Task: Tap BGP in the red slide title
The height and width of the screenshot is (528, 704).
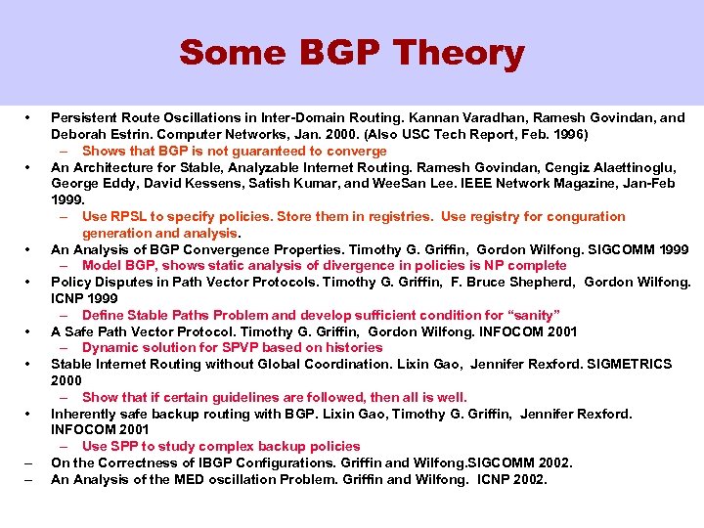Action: click(x=330, y=53)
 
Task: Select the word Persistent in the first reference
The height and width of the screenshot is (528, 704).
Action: click(x=84, y=118)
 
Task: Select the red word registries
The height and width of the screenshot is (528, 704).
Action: click(x=392, y=216)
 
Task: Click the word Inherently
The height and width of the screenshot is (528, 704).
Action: click(x=84, y=414)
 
